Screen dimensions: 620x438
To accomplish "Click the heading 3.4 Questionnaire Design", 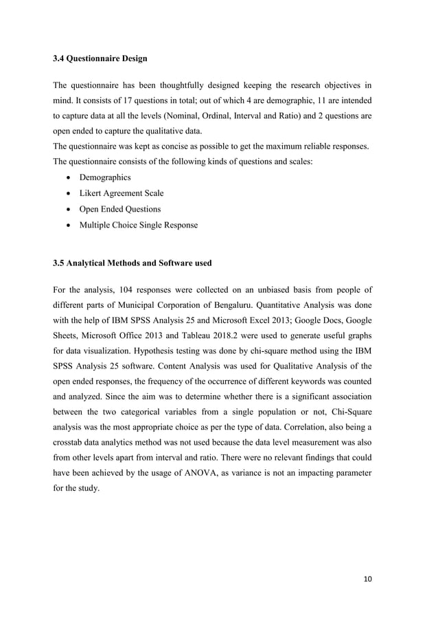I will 100,58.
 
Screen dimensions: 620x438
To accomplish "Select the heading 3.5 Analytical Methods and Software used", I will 132,263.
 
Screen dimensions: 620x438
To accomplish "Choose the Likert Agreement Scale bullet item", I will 116,193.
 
